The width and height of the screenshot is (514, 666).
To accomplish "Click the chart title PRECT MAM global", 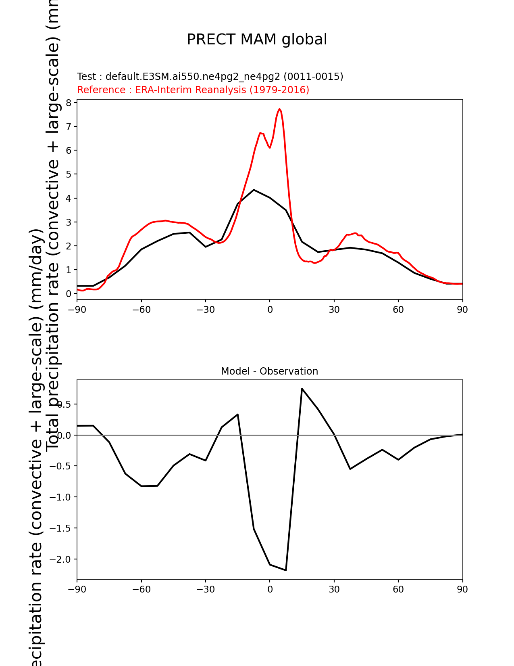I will click(x=257, y=40).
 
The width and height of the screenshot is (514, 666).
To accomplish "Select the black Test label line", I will click(x=210, y=77).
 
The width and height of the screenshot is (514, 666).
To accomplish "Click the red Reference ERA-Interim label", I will click(x=193, y=90).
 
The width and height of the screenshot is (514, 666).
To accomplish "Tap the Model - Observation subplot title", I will click(x=269, y=371).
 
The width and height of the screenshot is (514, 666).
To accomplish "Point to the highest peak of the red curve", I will click(x=279, y=109).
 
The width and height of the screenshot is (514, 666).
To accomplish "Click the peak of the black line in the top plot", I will click(x=254, y=190).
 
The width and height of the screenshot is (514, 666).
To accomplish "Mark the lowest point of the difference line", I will click(x=286, y=570).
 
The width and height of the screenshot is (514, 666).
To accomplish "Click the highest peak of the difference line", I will click(x=302, y=389).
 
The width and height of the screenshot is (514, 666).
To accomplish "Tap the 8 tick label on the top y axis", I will click(x=69, y=103).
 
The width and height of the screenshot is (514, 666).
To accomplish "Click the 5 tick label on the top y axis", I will click(x=69, y=174).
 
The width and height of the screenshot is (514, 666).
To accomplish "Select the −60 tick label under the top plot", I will click(x=142, y=310).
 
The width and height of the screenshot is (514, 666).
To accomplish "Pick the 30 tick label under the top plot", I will click(x=334, y=310).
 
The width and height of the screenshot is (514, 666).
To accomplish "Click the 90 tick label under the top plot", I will click(x=462, y=310).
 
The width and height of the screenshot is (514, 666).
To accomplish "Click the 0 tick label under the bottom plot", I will click(x=270, y=589).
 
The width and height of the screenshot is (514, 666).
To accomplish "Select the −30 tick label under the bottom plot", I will click(x=206, y=589).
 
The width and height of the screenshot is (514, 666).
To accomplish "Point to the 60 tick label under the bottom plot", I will click(x=398, y=589).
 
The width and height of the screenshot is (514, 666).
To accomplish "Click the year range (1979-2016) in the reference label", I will click(x=279, y=90).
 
